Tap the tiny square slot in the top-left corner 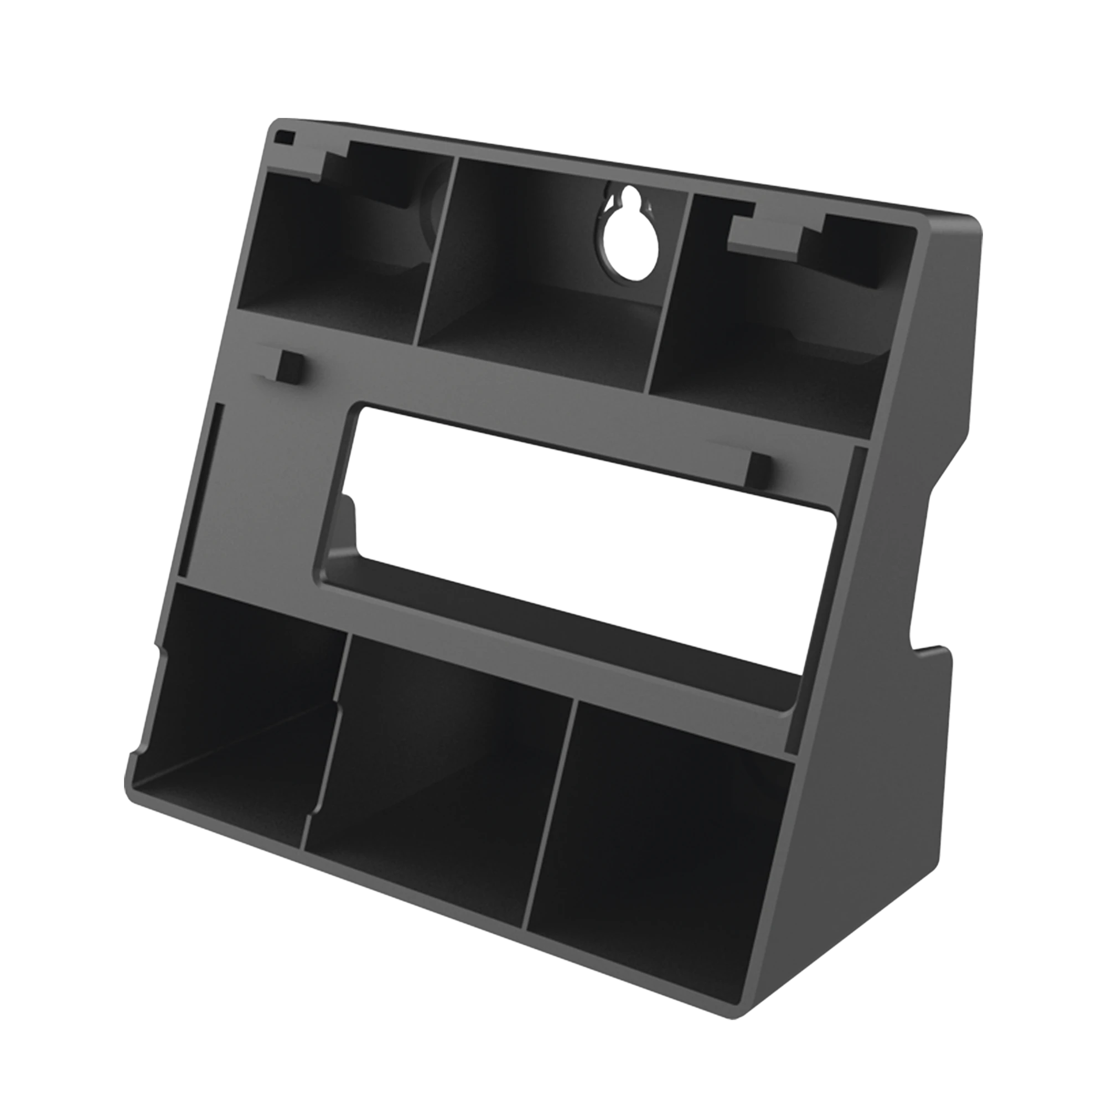pyautogui.click(x=284, y=137)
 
